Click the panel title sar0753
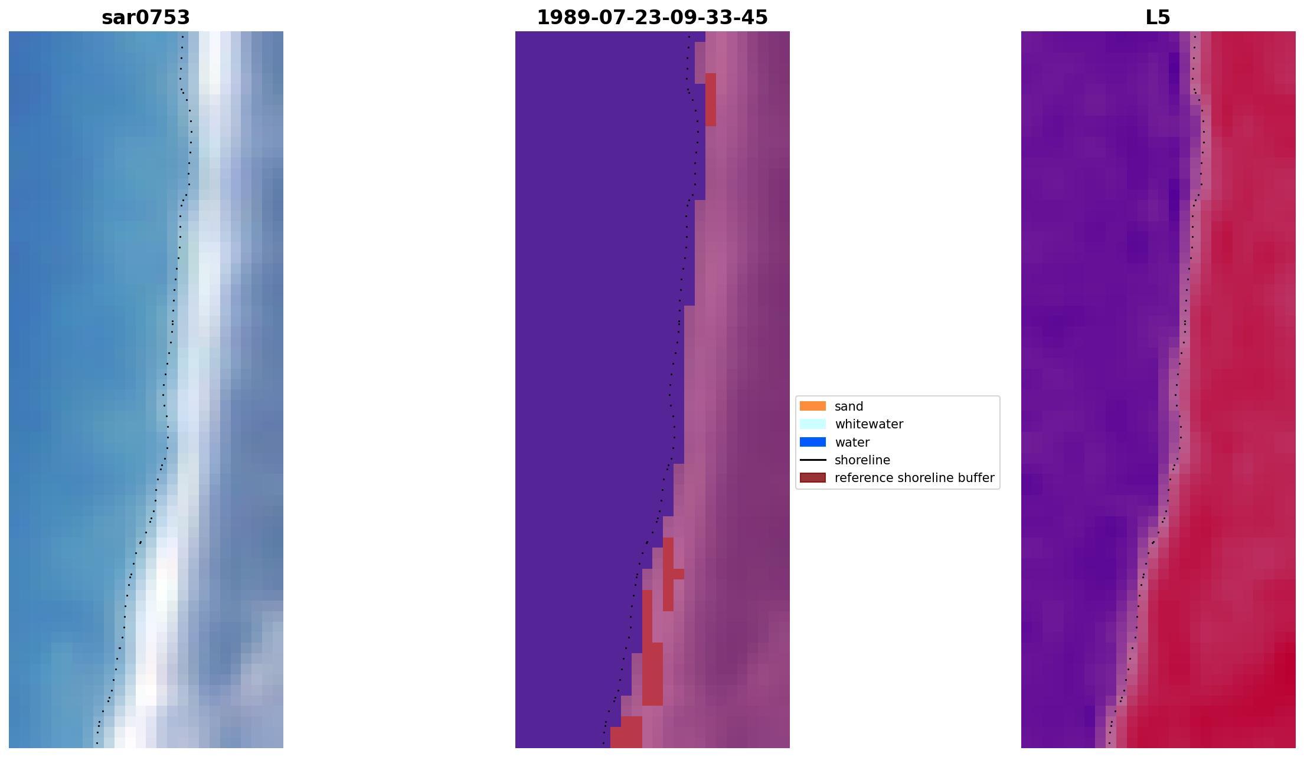tap(146, 18)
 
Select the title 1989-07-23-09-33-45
tap(652, 18)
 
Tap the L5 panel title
tap(1157, 18)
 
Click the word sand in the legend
tap(848, 407)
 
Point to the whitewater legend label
tap(868, 424)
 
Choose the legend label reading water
tap(852, 443)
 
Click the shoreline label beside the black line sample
tap(862, 460)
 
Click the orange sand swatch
tap(812, 406)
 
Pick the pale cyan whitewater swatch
tap(812, 424)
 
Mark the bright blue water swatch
tap(812, 442)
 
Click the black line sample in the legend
tap(812, 460)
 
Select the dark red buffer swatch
tap(812, 478)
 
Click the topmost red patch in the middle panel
tap(710, 99)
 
